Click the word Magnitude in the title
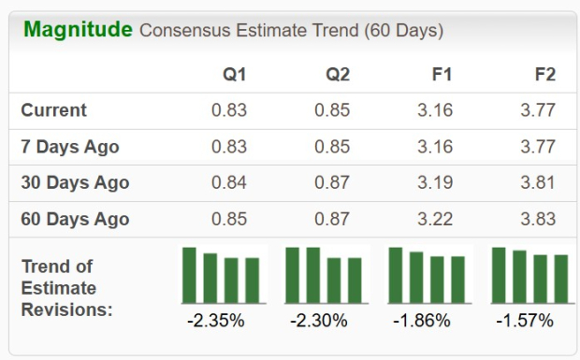(x=78, y=29)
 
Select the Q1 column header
(x=235, y=75)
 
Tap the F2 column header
(x=544, y=75)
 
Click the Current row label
(x=53, y=110)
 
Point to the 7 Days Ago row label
(x=70, y=147)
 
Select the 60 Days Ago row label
(x=75, y=220)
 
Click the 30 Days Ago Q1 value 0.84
(x=229, y=183)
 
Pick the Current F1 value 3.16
(x=435, y=110)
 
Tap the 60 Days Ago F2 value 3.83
(x=538, y=220)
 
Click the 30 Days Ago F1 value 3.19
(x=435, y=183)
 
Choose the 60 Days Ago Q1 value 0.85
(x=229, y=220)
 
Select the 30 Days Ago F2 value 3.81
(x=538, y=183)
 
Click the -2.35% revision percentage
(x=216, y=321)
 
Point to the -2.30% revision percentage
(x=319, y=321)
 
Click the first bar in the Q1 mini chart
(x=189, y=275)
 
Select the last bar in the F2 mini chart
(x=561, y=279)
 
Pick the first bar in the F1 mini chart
(x=396, y=275)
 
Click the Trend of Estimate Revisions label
(x=66, y=287)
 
